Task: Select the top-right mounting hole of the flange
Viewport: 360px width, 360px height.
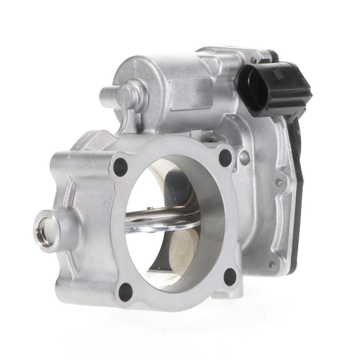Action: pyautogui.click(x=225, y=158)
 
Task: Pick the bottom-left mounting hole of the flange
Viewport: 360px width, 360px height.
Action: pyautogui.click(x=125, y=292)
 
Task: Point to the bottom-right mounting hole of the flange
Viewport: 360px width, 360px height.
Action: pyautogui.click(x=230, y=277)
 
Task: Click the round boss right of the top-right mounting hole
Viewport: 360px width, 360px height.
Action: pyautogui.click(x=244, y=158)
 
